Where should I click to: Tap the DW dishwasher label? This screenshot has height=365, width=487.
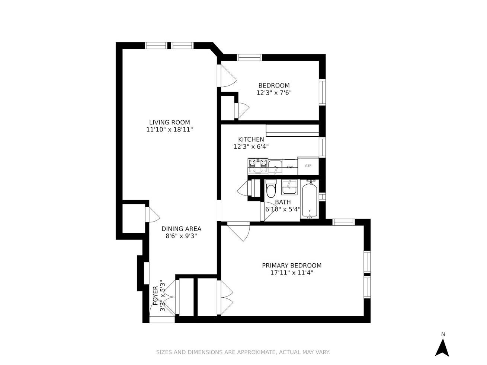coord(290,167)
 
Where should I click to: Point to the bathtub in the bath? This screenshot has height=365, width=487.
coord(310,199)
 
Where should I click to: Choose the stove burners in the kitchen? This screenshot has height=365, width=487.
coord(258,166)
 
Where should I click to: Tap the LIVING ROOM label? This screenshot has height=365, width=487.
coord(170,122)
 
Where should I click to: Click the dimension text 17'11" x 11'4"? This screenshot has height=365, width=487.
coord(292,273)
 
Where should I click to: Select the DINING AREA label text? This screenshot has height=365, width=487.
coord(181,229)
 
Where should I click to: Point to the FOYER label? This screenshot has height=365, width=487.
coord(156,295)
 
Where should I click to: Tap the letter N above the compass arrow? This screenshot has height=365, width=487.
coord(443,334)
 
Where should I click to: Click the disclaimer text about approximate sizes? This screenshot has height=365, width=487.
coord(243,352)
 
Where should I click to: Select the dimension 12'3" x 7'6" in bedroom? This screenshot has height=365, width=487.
coord(274,93)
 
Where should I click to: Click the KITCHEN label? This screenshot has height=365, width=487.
coord(251,139)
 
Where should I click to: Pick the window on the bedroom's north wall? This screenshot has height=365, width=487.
coord(249,57)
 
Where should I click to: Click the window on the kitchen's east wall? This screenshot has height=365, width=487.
coord(322,147)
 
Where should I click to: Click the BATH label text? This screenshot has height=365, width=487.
coord(283,202)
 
